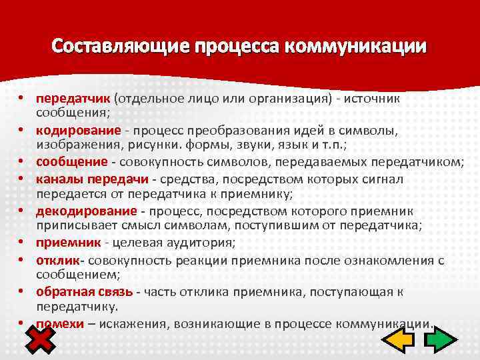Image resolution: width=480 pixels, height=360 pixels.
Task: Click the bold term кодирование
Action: (79, 129)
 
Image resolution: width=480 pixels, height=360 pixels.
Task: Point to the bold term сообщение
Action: (71, 161)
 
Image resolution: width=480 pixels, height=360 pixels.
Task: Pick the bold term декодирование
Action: (86, 211)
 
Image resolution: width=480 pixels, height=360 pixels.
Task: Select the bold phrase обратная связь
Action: (85, 291)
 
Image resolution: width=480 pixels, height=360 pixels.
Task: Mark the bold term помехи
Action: (59, 323)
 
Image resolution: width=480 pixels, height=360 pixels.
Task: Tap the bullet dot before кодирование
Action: (21, 130)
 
